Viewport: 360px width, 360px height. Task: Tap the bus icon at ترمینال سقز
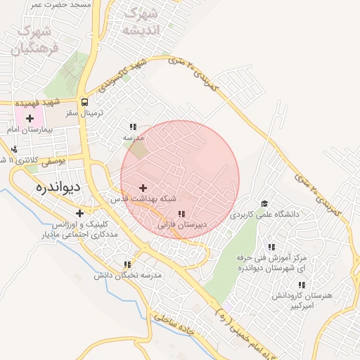(84, 101)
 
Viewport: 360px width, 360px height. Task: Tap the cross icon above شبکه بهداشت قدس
(143, 188)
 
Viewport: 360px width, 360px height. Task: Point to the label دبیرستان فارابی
(181, 226)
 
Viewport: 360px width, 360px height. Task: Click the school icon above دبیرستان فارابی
(181, 214)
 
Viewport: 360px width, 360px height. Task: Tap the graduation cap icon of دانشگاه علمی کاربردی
(265, 202)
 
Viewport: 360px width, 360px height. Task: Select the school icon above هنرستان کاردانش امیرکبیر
(302, 285)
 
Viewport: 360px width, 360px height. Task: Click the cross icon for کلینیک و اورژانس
(79, 212)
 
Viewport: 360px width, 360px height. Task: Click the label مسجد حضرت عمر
(60, 5)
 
